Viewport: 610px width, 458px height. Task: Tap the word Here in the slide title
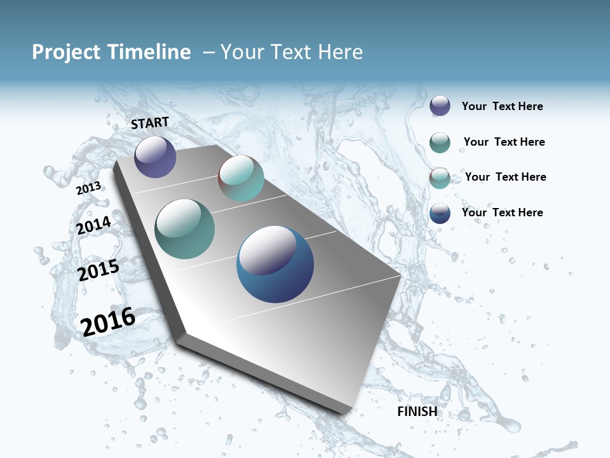point(340,52)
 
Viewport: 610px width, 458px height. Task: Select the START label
point(150,123)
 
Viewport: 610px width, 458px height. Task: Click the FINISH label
point(417,412)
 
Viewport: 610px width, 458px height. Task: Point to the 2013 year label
point(89,188)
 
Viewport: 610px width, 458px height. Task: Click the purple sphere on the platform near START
point(155,156)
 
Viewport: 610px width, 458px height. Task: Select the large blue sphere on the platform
point(275,264)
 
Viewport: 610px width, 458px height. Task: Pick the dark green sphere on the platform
point(185,229)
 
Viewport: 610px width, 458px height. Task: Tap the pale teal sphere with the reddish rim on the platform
point(241,178)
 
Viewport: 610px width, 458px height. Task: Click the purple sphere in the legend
point(440,106)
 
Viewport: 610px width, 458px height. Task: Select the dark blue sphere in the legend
point(440,213)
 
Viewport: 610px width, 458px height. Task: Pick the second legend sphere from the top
point(440,142)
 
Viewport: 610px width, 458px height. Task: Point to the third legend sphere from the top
point(440,177)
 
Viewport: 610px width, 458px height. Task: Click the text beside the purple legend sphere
point(502,107)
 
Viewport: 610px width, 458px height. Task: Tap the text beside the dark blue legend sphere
point(502,212)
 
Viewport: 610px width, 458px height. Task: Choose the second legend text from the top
point(504,142)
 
